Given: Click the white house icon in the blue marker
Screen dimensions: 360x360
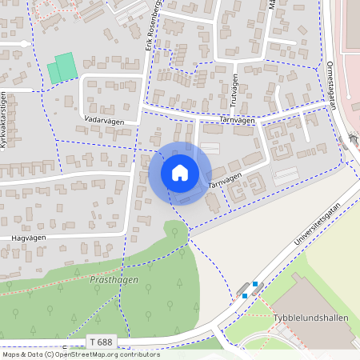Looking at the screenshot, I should click(180, 173).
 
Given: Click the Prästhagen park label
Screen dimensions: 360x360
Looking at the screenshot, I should click(109, 280).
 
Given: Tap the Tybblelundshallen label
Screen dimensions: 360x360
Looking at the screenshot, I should click(315, 318).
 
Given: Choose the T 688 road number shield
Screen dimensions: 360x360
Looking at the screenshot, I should click(102, 342).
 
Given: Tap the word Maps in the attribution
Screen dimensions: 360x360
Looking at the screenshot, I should click(12, 354).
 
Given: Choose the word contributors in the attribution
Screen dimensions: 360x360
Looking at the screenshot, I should click(138, 354).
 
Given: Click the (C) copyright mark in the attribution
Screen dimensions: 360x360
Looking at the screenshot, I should click(49, 354).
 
